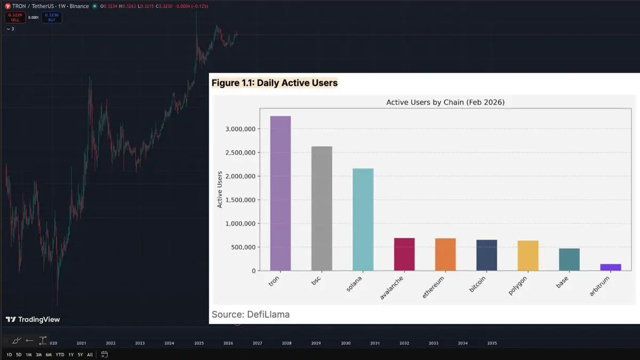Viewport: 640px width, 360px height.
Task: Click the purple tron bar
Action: pos(281,193)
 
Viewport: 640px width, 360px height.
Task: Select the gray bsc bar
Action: pos(322,209)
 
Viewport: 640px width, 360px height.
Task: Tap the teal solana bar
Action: pos(363,220)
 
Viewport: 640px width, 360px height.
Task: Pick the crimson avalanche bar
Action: pos(404,254)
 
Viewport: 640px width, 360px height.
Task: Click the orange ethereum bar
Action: pos(445,254)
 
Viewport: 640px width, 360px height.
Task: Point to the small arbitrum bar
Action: pos(610,267)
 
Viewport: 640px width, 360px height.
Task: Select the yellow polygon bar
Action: pos(528,255)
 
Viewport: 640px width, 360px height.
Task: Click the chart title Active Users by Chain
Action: pos(445,102)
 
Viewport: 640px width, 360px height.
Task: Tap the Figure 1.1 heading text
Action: pos(275,83)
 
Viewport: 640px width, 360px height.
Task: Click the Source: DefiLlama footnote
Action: pos(251,314)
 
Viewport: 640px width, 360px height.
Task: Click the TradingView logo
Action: pos(33,319)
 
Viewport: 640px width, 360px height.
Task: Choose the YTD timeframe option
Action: pos(60,355)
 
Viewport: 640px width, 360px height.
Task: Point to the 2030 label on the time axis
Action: pos(346,343)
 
